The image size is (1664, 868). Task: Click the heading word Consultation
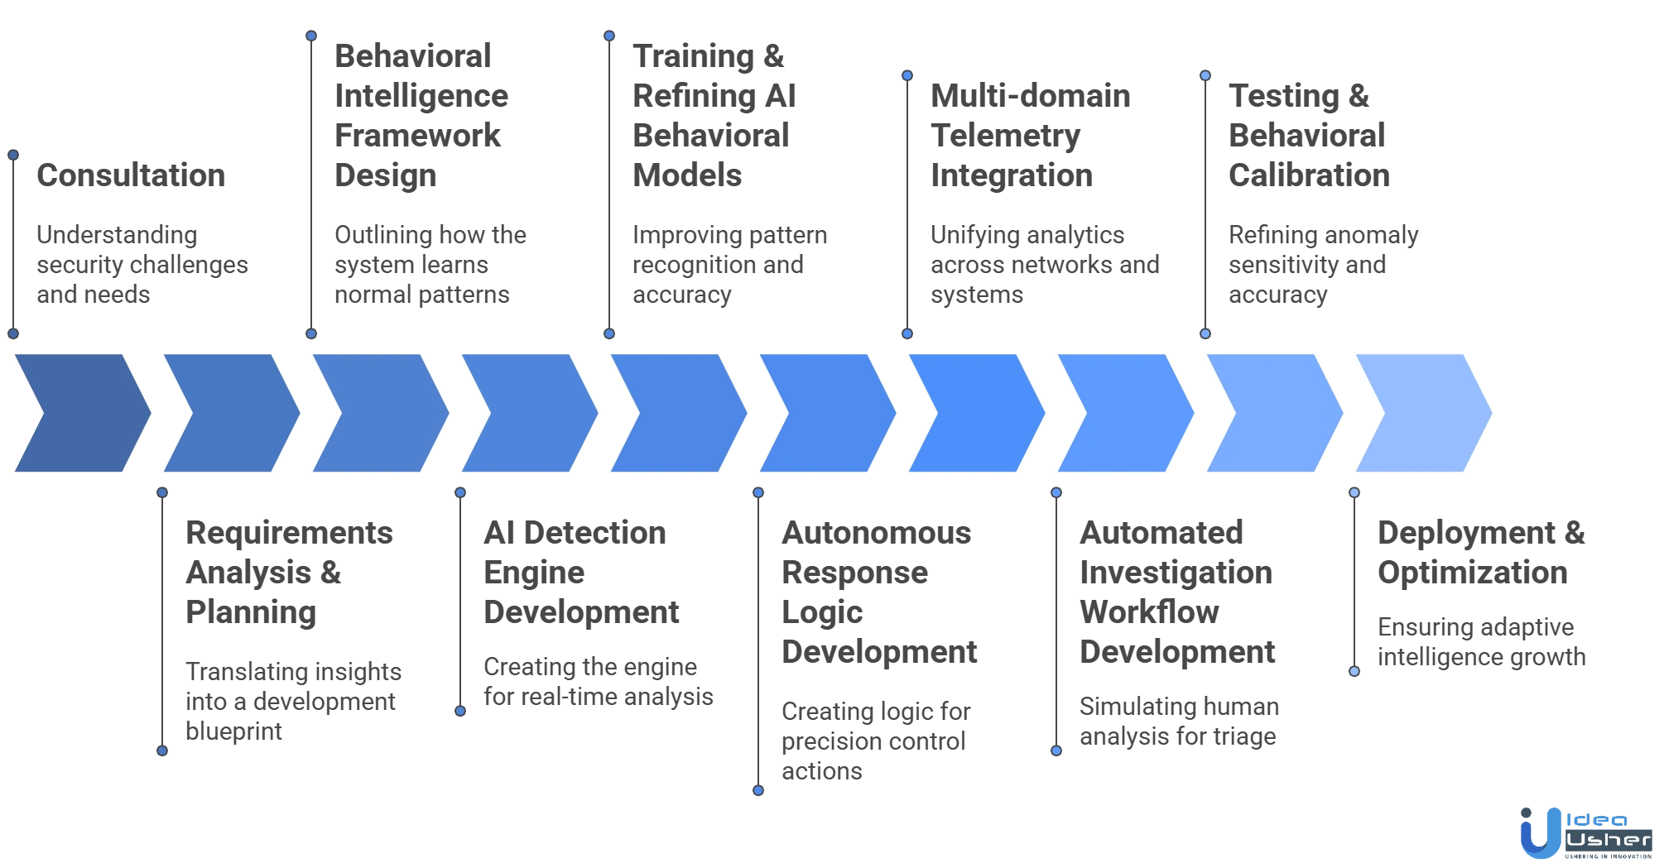click(x=128, y=176)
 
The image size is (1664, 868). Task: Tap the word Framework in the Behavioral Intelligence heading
click(x=416, y=137)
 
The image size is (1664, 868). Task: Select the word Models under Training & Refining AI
click(x=685, y=176)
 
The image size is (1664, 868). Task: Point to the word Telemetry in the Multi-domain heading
click(x=1004, y=137)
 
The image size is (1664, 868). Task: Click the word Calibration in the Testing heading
click(x=1307, y=176)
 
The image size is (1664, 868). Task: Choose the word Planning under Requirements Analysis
click(x=252, y=613)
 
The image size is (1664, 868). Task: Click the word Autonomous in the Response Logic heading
click(x=877, y=534)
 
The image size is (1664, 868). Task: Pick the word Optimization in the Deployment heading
click(x=1473, y=573)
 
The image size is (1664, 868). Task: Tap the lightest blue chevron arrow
click(x=1423, y=413)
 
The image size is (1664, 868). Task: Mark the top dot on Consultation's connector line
click(x=13, y=154)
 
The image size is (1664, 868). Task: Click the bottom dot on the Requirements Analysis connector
click(x=163, y=751)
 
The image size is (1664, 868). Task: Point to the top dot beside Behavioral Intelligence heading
click(x=311, y=35)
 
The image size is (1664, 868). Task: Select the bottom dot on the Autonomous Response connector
click(x=758, y=790)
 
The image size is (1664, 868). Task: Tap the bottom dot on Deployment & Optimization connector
click(x=1354, y=670)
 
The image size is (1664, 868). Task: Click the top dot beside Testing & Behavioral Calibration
click(x=1205, y=75)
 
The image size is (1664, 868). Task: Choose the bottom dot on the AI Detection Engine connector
click(x=460, y=710)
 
